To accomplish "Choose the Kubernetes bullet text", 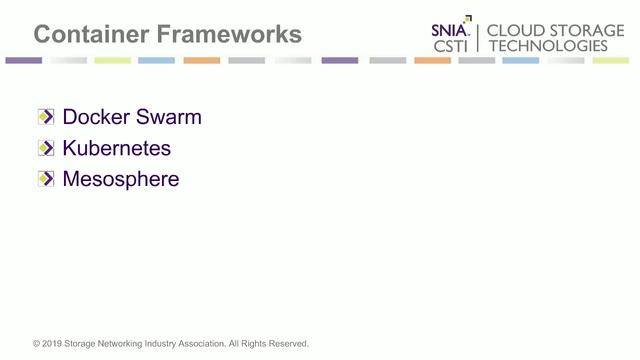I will [116, 149].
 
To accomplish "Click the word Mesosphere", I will [121, 180].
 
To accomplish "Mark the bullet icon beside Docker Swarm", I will [45, 117].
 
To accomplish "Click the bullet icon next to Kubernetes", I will [45, 149].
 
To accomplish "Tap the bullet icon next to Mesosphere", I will [45, 180].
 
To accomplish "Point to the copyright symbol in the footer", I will [37, 344].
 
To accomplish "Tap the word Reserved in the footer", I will [287, 344].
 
